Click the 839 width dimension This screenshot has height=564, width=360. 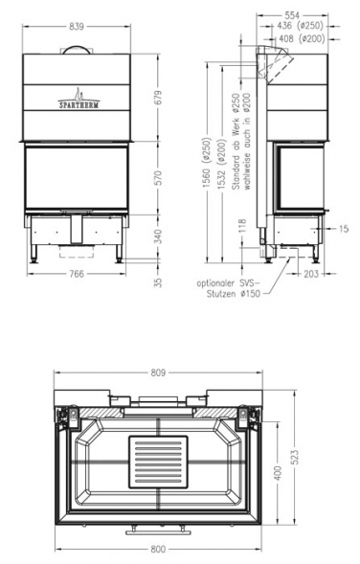click(77, 26)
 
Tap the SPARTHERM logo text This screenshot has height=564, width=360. click(79, 105)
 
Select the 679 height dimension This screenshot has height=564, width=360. click(158, 98)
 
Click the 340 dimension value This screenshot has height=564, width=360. click(158, 236)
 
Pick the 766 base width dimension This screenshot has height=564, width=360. click(77, 274)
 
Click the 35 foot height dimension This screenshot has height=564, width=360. click(158, 282)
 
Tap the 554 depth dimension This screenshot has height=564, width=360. click(292, 15)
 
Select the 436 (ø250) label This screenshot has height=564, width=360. click(301, 26)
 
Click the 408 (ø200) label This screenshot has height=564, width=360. click(302, 38)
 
